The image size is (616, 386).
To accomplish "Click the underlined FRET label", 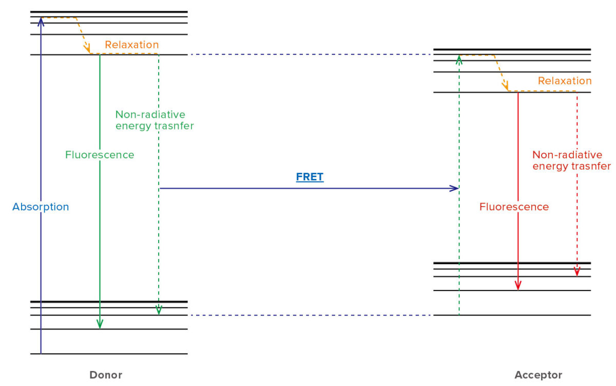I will coord(310,177).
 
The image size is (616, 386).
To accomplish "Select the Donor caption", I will coord(106,375).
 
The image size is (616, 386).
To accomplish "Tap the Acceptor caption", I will coord(538,375).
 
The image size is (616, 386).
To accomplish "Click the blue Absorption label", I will coord(41,207).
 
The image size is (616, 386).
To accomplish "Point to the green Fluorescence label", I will coord(100,155).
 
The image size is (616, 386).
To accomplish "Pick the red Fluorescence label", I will coord(514,207).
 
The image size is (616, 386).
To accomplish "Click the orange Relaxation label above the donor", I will coord(132,45).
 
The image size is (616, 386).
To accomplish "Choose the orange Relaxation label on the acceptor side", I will coord(565,81).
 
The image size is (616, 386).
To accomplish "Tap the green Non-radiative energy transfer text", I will coord(155,120).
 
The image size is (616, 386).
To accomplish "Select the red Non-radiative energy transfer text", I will coord(571,160).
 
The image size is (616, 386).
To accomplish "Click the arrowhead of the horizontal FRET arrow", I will coord(455,188).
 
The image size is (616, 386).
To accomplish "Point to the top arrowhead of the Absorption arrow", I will coord(41,21).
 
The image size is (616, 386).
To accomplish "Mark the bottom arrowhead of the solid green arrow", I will coord(100,324).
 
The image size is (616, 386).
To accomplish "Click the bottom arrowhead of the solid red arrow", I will coord(518,286).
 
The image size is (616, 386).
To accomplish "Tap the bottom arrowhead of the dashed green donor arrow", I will coord(159,310).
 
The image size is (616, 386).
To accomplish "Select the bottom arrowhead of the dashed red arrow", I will coord(577,272).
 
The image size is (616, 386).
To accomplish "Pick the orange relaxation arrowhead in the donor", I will coord(88,49).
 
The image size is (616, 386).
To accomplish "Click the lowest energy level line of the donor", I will coord(109,354).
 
